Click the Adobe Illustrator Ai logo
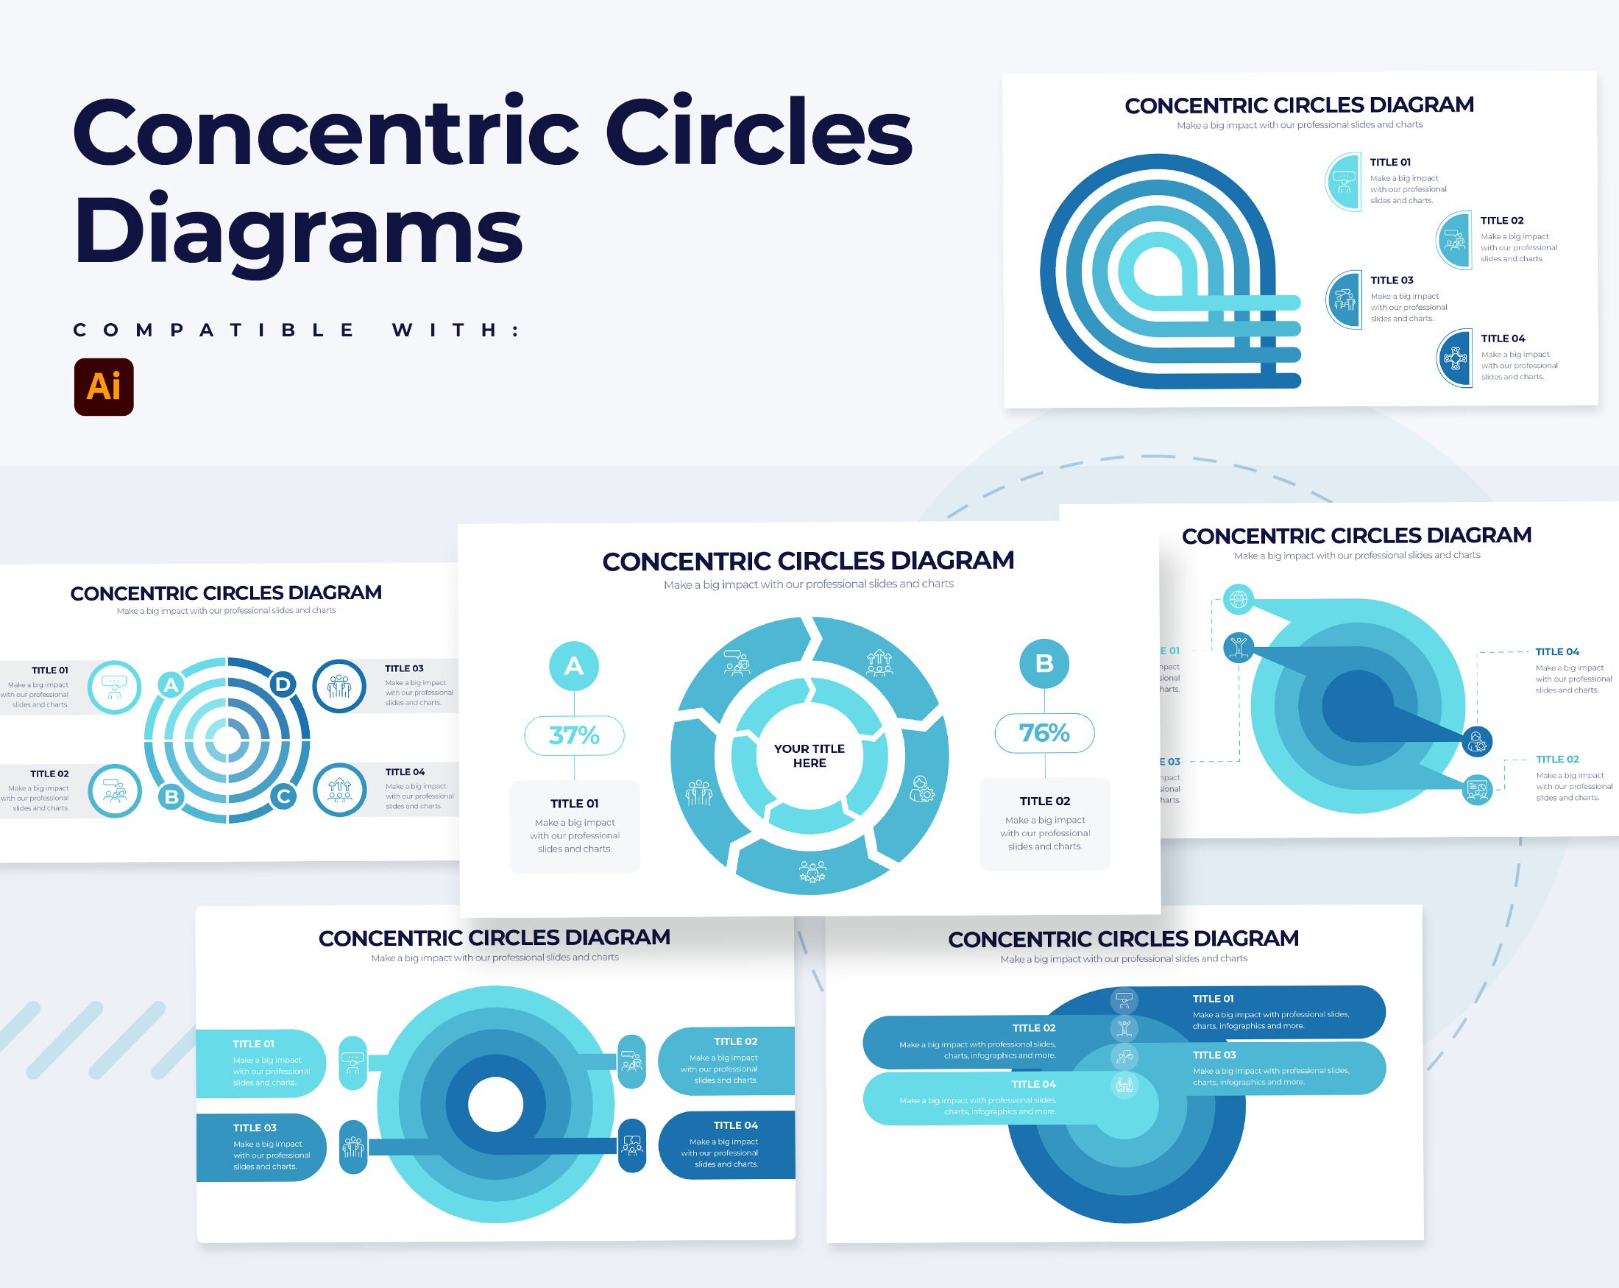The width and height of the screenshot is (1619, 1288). (104, 387)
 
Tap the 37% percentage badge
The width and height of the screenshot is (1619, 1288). (574, 735)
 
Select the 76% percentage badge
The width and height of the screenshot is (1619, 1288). (1044, 733)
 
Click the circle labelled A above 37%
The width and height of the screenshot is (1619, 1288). (574, 666)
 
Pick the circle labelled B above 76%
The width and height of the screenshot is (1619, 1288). (1044, 664)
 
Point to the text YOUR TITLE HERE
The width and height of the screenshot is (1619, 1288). (809, 756)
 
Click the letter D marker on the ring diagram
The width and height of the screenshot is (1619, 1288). (283, 684)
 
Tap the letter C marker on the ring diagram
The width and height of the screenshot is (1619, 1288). (283, 796)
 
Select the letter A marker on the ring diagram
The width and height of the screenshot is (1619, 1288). (171, 685)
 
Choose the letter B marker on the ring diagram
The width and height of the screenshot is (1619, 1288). (171, 796)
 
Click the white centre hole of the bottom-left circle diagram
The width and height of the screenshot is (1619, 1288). (495, 1105)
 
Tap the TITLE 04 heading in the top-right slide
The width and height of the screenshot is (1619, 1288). (1503, 339)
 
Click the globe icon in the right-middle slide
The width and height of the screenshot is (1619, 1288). (1239, 598)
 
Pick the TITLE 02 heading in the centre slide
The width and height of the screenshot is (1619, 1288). (1044, 802)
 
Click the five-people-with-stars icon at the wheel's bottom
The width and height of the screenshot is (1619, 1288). (812, 871)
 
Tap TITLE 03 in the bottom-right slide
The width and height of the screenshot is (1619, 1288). (1214, 1055)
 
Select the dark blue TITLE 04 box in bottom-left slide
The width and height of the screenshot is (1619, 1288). (726, 1144)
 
